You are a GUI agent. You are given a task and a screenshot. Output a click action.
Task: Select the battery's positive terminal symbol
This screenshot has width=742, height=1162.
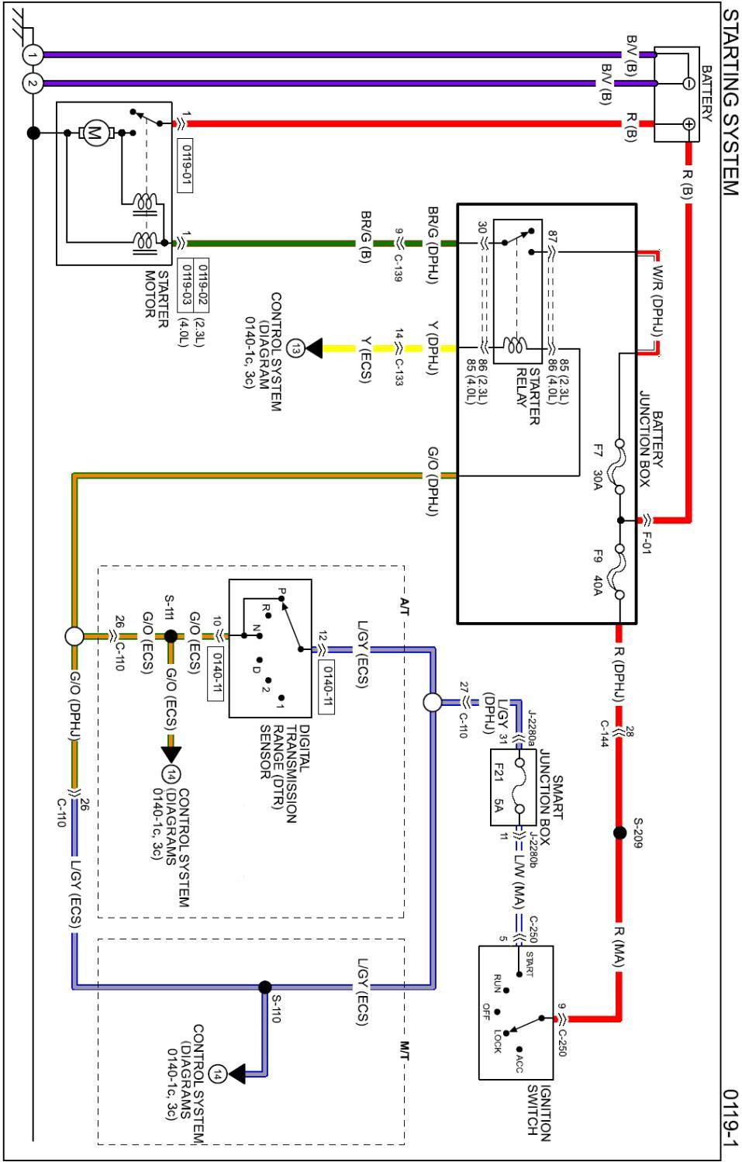687,123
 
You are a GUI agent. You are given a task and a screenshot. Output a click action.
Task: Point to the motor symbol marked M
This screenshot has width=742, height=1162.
96,133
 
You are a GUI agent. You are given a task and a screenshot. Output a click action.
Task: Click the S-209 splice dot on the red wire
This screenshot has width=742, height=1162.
619,833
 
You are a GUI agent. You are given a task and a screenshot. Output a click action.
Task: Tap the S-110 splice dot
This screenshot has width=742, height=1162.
265,987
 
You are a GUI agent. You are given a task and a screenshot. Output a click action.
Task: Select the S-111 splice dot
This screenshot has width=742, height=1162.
171,636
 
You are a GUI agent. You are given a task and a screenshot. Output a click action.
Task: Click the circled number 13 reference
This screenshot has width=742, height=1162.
295,349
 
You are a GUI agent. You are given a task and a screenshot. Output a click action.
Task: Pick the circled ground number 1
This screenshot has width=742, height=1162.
32,54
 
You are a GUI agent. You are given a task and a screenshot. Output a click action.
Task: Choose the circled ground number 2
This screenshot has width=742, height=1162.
32,83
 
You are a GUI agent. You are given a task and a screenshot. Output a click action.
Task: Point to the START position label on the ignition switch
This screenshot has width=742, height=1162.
530,963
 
